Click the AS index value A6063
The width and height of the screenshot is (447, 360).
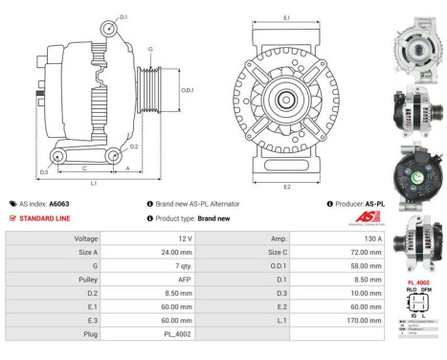pyautogui.click(x=59, y=204)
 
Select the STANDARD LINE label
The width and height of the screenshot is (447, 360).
pyautogui.click(x=44, y=218)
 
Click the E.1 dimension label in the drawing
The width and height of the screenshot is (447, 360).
pyautogui.click(x=286, y=17)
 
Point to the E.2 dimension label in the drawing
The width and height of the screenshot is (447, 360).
pyautogui.click(x=286, y=187)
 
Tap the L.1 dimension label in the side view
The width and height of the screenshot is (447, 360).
pyautogui.click(x=93, y=182)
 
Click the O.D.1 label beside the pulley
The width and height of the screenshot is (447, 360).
pyautogui.click(x=188, y=90)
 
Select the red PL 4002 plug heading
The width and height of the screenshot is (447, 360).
pyautogui.click(x=418, y=283)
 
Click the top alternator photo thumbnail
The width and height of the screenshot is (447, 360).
pyautogui.click(x=417, y=46)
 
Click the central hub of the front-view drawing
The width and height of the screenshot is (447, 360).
pyautogui.click(x=286, y=100)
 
